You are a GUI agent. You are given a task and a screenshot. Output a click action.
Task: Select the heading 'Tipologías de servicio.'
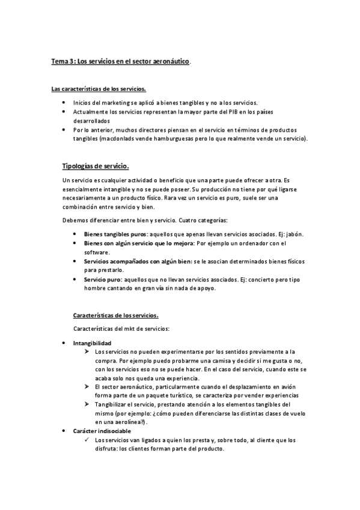(x=95, y=167)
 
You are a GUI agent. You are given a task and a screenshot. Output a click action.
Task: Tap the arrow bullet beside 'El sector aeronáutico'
(x=87, y=388)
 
